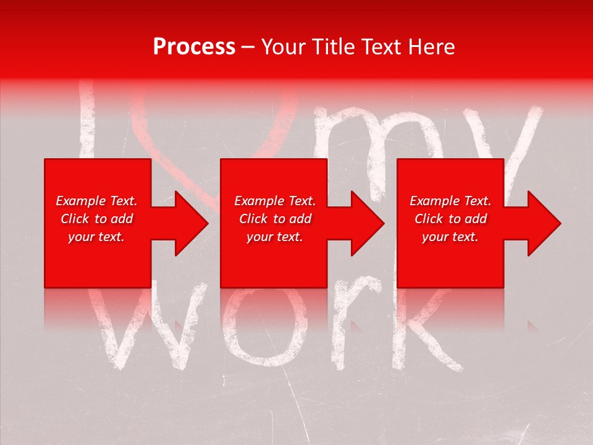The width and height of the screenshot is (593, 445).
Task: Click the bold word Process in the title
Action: [x=194, y=47]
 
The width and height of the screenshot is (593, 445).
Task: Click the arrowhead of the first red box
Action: [x=189, y=223]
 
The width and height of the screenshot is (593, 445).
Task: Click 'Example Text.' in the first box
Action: [x=97, y=201]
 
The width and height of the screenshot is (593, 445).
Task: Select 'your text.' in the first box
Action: [x=97, y=237]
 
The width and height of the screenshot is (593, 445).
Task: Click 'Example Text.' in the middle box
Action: [x=275, y=201]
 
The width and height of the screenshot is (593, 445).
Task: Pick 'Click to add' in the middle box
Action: [x=275, y=219]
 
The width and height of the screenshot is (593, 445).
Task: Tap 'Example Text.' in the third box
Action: [x=450, y=201]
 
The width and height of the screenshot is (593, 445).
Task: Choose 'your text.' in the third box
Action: [x=450, y=237]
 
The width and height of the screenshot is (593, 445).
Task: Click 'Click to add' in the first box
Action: [x=97, y=219]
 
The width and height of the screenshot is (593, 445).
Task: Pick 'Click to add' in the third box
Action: [x=450, y=219]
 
